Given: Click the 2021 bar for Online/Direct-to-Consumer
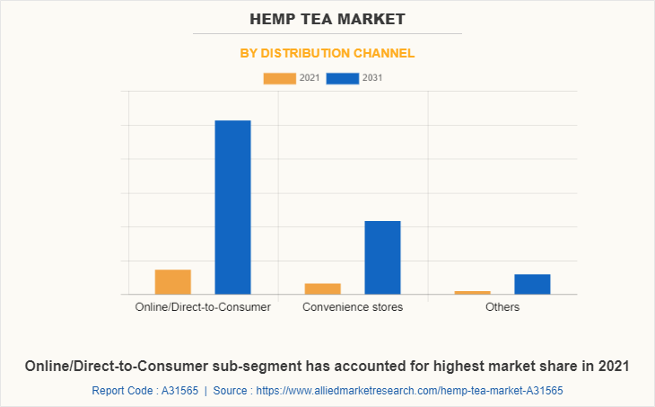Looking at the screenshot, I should (x=172, y=282).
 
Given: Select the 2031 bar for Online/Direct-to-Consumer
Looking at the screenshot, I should (x=232, y=207).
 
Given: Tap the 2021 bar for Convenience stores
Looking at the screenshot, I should (x=322, y=288).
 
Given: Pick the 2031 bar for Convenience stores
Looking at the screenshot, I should (x=382, y=257).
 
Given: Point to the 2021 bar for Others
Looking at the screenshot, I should (x=472, y=292).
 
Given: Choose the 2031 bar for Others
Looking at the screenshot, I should (x=532, y=284).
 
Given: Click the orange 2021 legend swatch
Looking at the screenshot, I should (x=279, y=78).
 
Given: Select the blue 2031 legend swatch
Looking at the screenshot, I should (x=343, y=78).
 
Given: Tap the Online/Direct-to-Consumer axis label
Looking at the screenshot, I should (x=203, y=307).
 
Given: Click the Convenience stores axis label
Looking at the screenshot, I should (x=353, y=307).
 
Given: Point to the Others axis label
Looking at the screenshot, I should (x=502, y=307).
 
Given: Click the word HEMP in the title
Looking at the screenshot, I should (x=274, y=18).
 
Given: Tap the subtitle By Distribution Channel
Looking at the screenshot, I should (x=327, y=53).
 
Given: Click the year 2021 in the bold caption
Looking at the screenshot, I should (x=612, y=366).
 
